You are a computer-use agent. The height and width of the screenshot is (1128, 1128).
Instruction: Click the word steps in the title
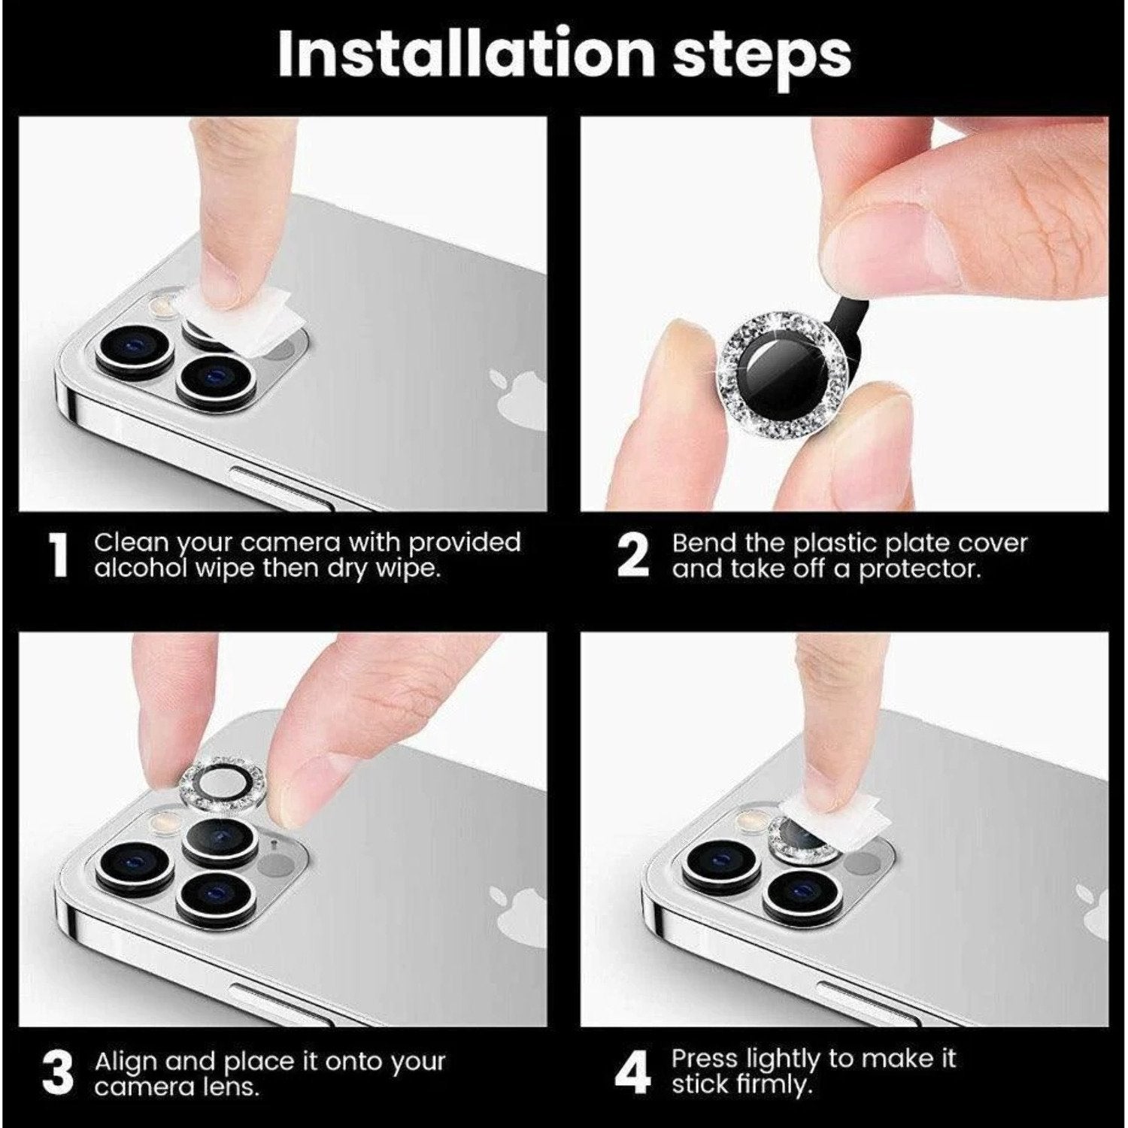(761, 54)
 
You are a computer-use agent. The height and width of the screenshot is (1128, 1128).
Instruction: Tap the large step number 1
(58, 556)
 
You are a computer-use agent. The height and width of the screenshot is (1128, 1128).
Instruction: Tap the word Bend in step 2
(704, 543)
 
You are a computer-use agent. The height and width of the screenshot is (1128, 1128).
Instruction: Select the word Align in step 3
(126, 1062)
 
